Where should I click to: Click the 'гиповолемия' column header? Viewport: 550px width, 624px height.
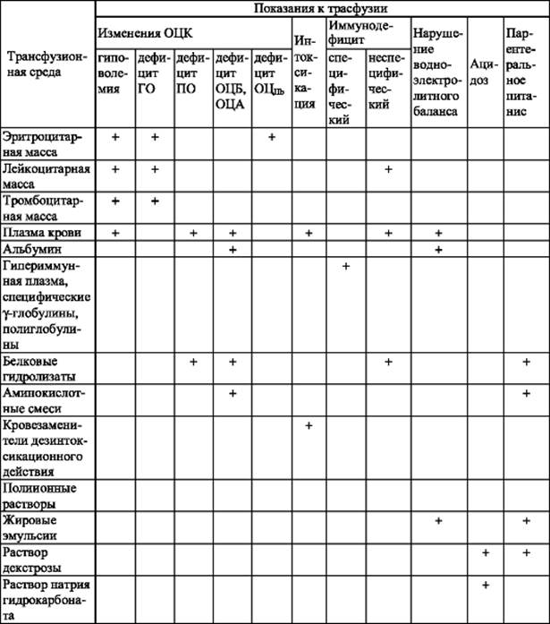pos(114,81)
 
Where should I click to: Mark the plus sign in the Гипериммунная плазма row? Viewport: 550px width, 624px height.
pos(345,267)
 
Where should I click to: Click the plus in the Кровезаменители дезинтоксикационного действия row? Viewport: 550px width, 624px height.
pos(308,424)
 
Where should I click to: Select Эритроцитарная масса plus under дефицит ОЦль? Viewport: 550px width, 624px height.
pos(271,137)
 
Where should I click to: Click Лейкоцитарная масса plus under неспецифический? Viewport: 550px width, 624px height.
pos(388,169)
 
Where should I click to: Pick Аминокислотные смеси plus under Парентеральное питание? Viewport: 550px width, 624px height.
pos(527,393)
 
